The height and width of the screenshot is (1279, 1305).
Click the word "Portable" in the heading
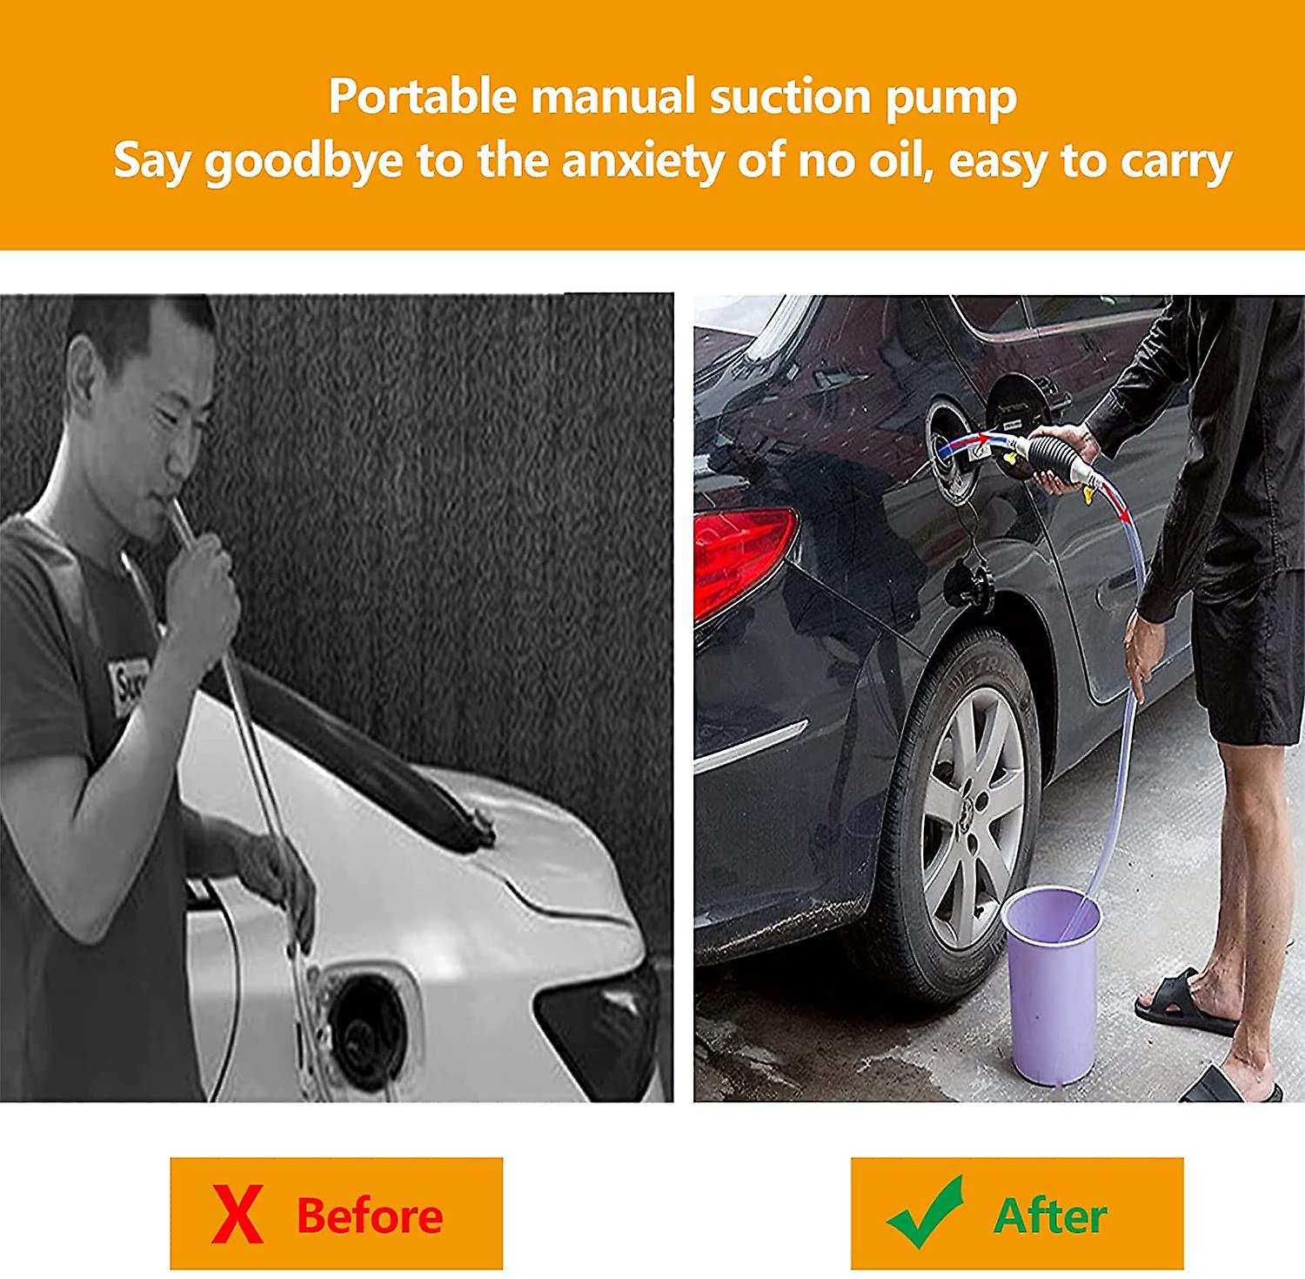pos(423,96)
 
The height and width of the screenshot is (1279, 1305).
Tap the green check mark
pos(926,1212)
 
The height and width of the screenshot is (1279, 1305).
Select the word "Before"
pos(370,1215)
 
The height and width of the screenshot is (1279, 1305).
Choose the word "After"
pos(1050,1215)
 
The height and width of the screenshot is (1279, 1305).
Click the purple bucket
pos(1051,983)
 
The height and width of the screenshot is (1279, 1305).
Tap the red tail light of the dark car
pos(744,557)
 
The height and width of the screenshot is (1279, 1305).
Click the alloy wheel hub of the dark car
pos(972,818)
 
